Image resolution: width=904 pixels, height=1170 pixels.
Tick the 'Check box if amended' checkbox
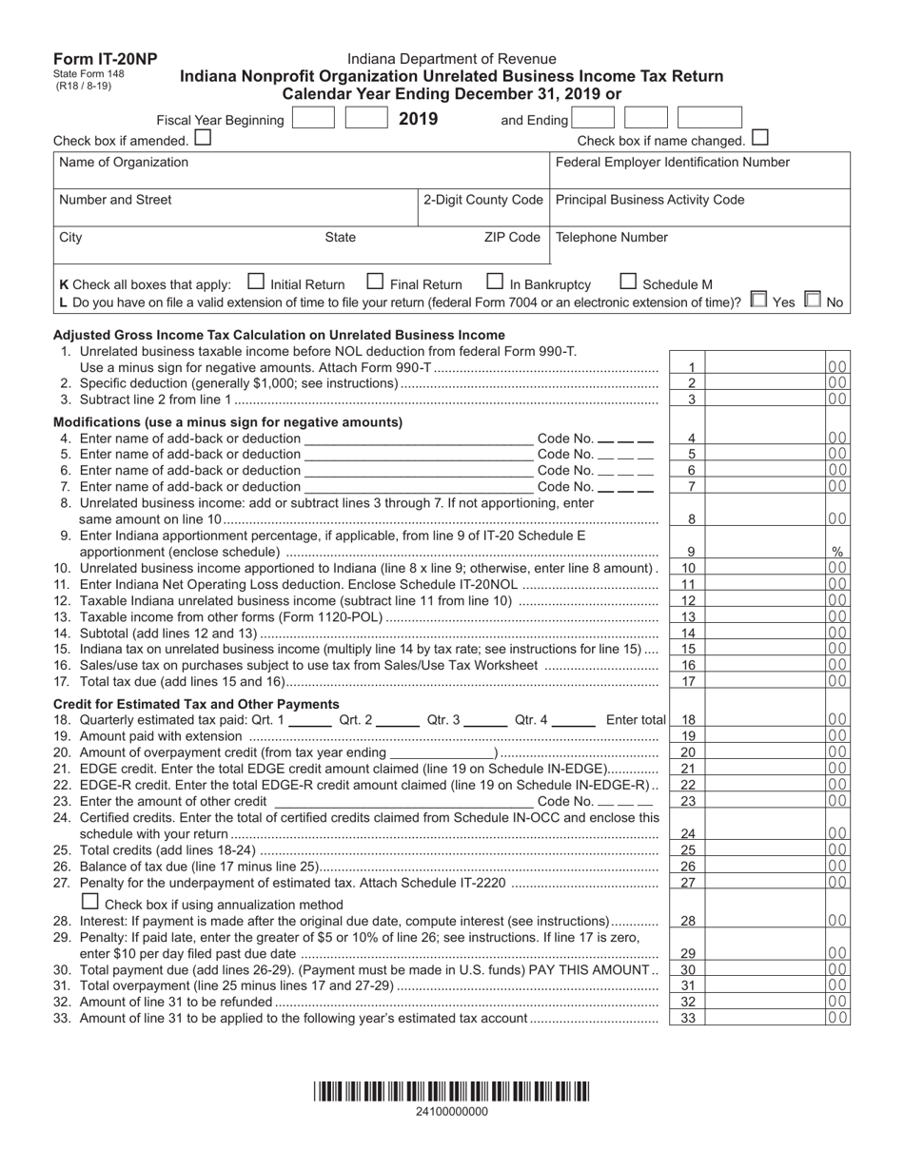click(202, 139)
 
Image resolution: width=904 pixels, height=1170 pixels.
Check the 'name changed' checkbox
click(759, 138)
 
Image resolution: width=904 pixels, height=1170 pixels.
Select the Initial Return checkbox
click(255, 282)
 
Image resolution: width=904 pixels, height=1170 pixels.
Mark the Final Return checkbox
click(375, 282)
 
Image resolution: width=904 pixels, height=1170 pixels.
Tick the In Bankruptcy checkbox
click(495, 282)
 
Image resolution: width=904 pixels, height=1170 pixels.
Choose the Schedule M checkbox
click(628, 282)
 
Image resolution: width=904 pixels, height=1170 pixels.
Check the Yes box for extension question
click(757, 300)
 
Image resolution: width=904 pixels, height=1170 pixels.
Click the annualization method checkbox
click(90, 901)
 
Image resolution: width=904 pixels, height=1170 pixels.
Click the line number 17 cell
click(691, 681)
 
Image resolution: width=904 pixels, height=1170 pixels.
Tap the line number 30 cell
click(691, 969)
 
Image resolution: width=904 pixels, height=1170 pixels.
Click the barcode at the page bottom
click(452, 1090)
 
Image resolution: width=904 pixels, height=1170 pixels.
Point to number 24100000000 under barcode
click(452, 1111)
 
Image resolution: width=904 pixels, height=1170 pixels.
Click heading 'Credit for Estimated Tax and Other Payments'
click(196, 704)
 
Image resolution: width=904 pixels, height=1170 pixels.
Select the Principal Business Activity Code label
click(649, 200)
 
